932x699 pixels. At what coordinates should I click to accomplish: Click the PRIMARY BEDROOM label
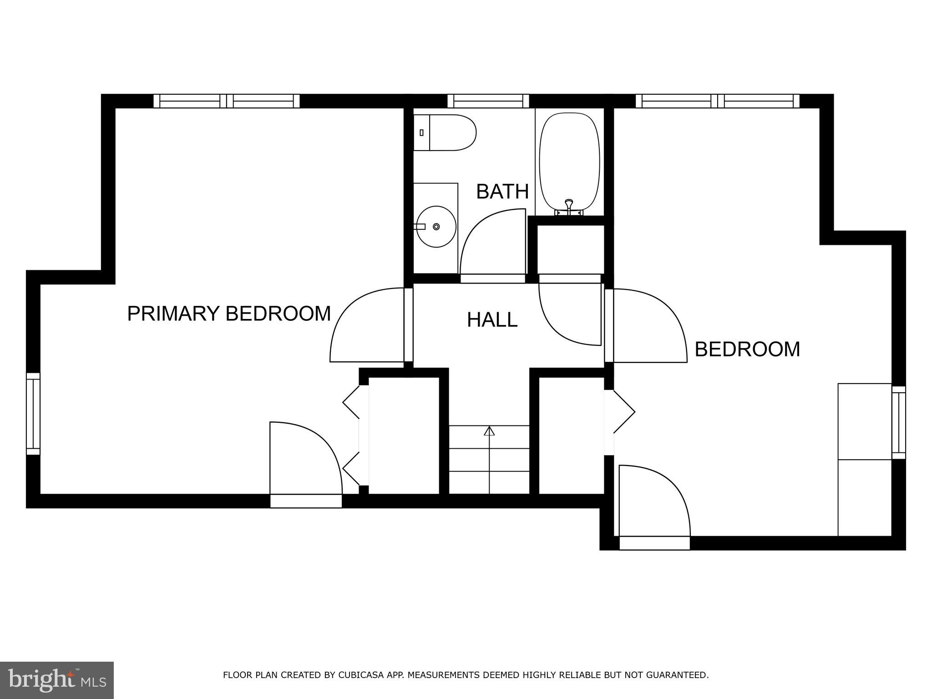pos(228,314)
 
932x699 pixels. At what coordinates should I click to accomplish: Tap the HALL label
pos(492,320)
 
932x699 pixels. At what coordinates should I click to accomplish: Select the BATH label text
pos(502,192)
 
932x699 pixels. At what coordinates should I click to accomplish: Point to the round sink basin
pos(436,227)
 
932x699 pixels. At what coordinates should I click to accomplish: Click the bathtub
pos(569,162)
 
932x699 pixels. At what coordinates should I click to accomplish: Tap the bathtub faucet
pos(569,205)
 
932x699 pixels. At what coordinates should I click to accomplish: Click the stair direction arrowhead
pos(489,431)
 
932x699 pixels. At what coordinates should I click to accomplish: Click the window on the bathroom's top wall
pos(488,101)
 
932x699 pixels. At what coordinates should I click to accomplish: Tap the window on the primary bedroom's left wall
pos(33,414)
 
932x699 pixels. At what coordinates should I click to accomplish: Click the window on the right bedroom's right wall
pos(898,422)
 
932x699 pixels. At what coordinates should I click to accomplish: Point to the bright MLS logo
pos(56,680)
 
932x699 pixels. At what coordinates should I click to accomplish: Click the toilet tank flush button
pos(422,132)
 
